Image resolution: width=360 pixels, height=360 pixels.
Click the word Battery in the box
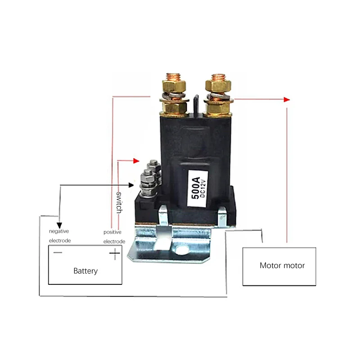click(85, 271)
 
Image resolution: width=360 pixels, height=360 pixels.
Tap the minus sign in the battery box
click(58, 252)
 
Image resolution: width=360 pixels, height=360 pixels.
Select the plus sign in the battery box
click(115, 253)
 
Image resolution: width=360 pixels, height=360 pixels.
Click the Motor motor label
click(282, 265)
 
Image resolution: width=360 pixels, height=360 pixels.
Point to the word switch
click(119, 202)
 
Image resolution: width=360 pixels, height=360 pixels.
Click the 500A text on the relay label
click(196, 188)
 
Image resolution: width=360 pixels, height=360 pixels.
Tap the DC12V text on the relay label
click(203, 188)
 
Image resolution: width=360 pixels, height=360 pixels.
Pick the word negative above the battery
click(59, 231)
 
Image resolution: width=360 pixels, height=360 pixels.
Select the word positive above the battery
click(112, 232)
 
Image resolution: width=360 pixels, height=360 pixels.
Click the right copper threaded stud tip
click(218, 76)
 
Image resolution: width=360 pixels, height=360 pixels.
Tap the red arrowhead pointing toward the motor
click(287, 99)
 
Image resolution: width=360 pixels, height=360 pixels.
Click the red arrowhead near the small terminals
click(136, 161)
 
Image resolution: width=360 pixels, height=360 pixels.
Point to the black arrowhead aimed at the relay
click(131, 185)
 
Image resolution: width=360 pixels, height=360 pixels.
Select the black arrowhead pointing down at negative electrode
click(59, 225)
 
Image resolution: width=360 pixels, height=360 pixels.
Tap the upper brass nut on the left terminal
click(174, 86)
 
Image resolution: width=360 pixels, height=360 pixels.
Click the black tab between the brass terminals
click(196, 104)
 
